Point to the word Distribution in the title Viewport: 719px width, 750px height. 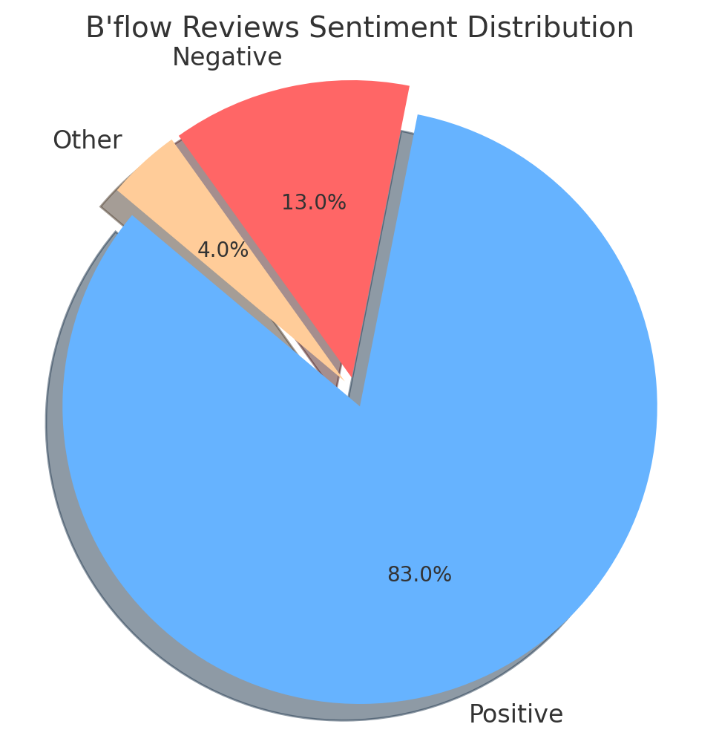tap(551, 28)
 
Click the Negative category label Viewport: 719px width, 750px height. tap(227, 57)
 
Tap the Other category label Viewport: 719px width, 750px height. tap(87, 140)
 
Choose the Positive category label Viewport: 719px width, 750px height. tap(516, 714)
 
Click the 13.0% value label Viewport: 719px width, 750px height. tap(313, 203)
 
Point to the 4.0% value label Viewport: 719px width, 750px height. tap(223, 250)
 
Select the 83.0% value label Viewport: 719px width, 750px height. tap(419, 575)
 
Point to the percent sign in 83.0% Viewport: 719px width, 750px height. tap(443, 575)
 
